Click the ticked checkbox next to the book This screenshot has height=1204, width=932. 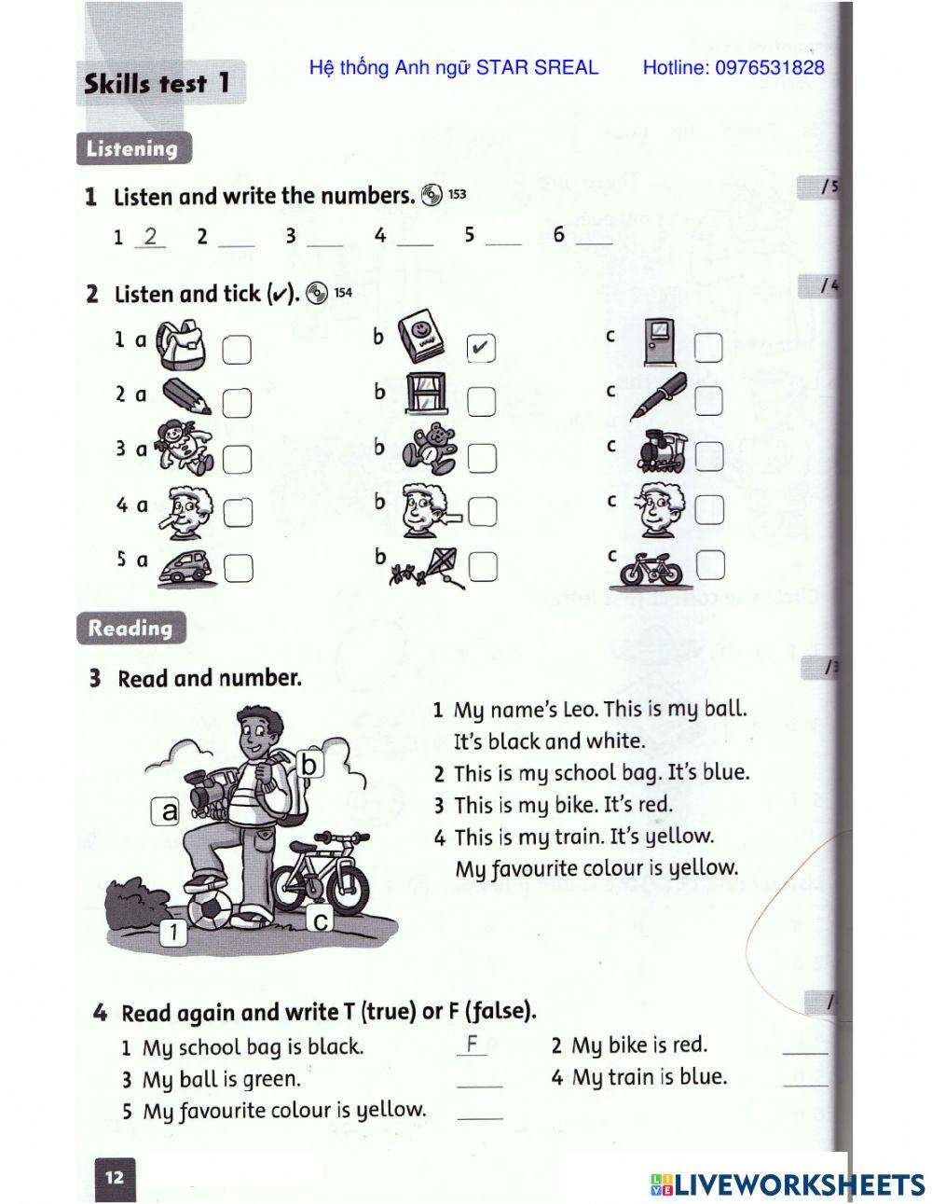(x=481, y=348)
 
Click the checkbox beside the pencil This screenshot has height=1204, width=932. (x=238, y=402)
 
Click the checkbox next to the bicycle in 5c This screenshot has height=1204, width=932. (x=710, y=563)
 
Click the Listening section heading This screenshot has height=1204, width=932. (x=132, y=148)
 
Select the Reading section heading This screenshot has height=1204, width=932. (x=130, y=628)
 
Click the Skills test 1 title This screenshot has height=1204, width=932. (x=157, y=83)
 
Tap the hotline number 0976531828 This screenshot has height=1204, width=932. (x=733, y=67)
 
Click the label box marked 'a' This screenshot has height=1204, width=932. (x=169, y=811)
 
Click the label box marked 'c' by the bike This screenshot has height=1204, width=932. (x=320, y=920)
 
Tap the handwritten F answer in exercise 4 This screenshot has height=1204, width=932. (x=473, y=1044)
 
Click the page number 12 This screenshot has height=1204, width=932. (x=115, y=1177)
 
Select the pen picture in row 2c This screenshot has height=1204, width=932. (x=658, y=395)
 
